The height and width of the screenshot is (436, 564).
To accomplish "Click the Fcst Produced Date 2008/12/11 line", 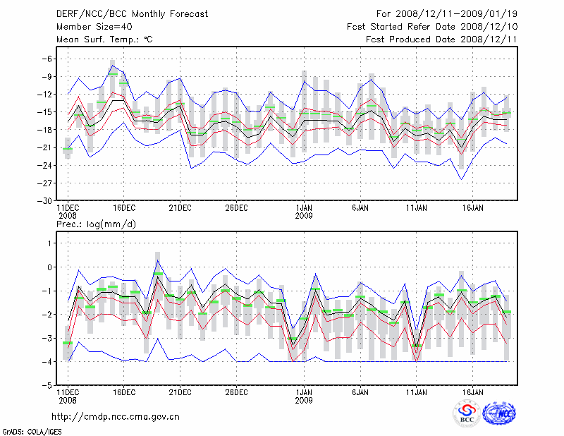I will [x=441, y=40].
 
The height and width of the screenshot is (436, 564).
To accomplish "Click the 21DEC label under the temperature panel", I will [x=180, y=208].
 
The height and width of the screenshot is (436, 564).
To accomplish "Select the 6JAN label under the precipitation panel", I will [x=360, y=392].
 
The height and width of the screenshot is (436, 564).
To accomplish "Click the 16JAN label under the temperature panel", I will [x=472, y=208].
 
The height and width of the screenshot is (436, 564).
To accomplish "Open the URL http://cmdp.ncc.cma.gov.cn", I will [x=116, y=416].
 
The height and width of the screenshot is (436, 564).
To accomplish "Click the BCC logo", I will [x=467, y=414].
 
